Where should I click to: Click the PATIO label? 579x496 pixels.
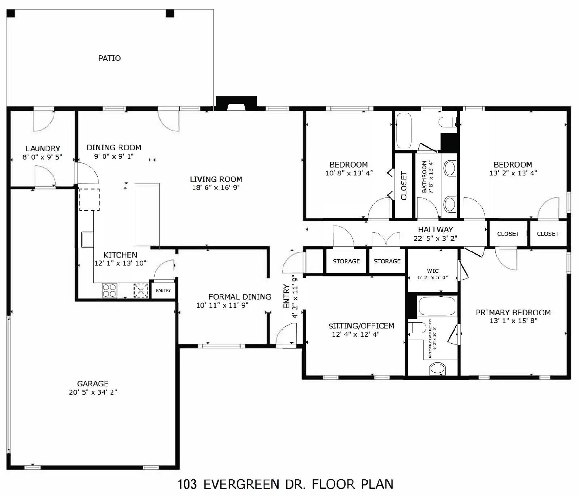coord(109,58)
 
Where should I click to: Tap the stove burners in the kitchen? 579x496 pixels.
coord(110,290)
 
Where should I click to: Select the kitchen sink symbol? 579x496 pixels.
coord(87,239)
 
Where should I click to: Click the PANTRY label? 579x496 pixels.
coord(163,291)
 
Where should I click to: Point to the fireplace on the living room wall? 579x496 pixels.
coord(236,103)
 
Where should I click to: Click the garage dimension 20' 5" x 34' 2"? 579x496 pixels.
coord(93,392)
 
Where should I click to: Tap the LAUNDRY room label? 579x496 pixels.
coord(43,148)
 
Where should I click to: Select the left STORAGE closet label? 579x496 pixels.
coord(346,261)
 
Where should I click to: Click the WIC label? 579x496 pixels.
coord(433,271)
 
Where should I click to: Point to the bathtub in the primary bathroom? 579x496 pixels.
coord(437,306)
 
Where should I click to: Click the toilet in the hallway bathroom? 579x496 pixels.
coord(447,122)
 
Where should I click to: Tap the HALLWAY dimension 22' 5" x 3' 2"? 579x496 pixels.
coord(435,238)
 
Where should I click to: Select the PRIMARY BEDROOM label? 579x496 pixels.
coord(513,312)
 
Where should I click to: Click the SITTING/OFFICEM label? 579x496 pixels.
coord(361,326)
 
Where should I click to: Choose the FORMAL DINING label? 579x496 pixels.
coord(240,297)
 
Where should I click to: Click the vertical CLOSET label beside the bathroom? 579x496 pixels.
coord(404,186)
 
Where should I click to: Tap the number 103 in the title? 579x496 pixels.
coord(187,484)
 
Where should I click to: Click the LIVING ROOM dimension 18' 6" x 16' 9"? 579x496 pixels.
coord(216,187)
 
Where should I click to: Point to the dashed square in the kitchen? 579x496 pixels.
coord(89,199)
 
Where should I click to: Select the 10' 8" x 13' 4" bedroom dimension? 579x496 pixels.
coord(349,173)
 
